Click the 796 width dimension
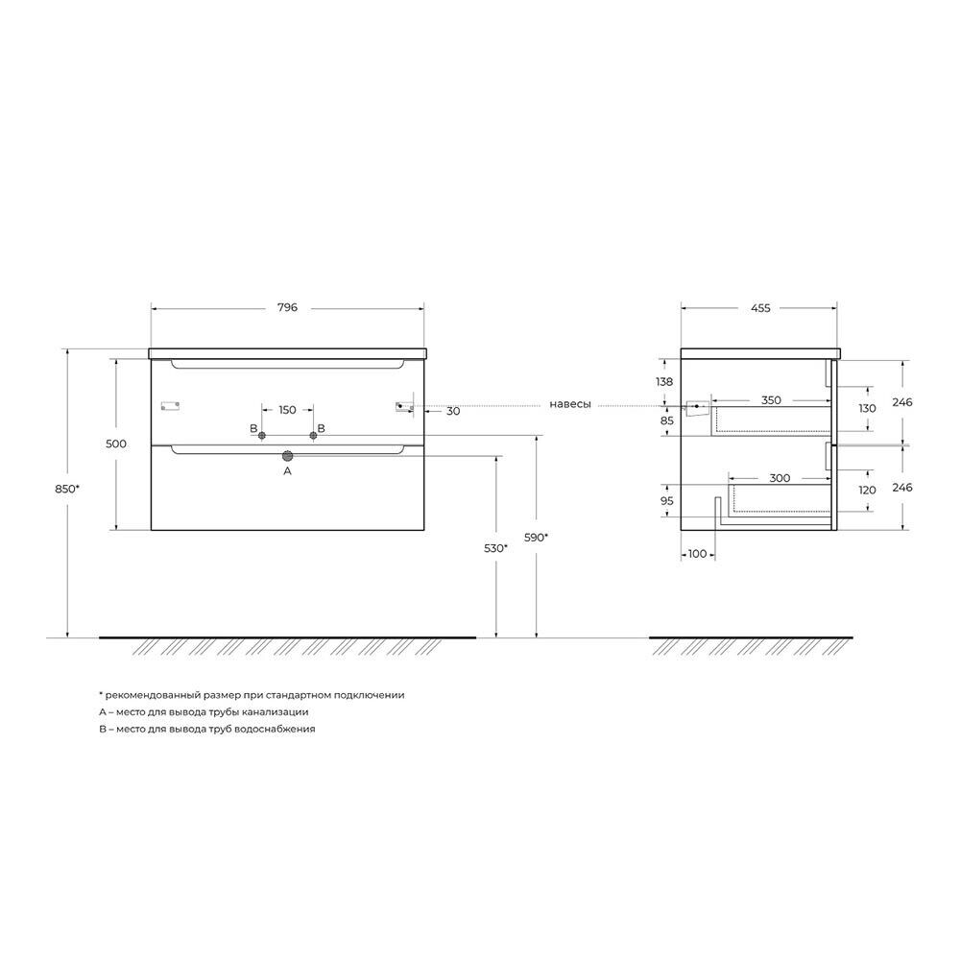click(x=287, y=307)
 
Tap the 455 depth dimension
click(x=760, y=308)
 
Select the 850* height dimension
click(x=67, y=489)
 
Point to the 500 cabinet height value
click(x=116, y=444)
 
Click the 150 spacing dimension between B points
click(x=287, y=410)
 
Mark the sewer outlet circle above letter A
click(x=287, y=455)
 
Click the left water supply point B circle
click(x=262, y=435)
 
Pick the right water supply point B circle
click(x=314, y=435)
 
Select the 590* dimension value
click(x=537, y=537)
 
